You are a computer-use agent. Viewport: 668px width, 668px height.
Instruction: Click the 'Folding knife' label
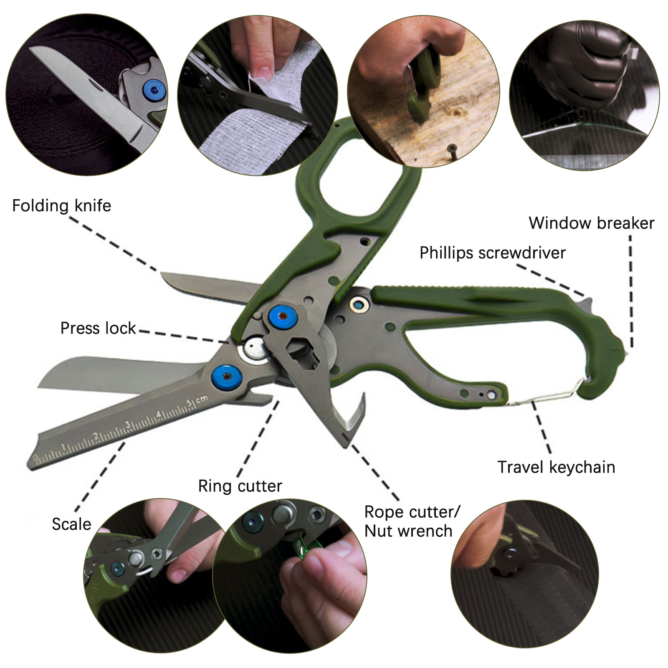61,206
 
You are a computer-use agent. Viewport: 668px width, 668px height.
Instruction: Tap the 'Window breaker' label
591,223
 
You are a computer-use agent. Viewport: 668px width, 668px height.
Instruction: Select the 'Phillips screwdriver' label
492,253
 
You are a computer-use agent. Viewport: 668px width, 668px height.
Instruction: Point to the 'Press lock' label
98,328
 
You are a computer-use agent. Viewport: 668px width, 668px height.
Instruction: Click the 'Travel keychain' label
556,467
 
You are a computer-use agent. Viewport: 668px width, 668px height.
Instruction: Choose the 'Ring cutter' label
240,486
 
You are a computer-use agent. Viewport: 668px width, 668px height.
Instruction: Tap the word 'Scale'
71,524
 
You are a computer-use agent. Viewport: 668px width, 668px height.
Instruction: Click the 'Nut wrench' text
408,531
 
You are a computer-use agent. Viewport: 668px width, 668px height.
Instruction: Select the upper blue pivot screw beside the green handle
283,316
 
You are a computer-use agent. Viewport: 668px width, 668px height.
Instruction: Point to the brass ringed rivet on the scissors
359,305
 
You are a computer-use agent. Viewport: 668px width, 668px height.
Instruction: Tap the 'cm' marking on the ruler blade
201,400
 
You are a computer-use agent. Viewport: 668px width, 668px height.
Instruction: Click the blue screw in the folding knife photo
154,90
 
